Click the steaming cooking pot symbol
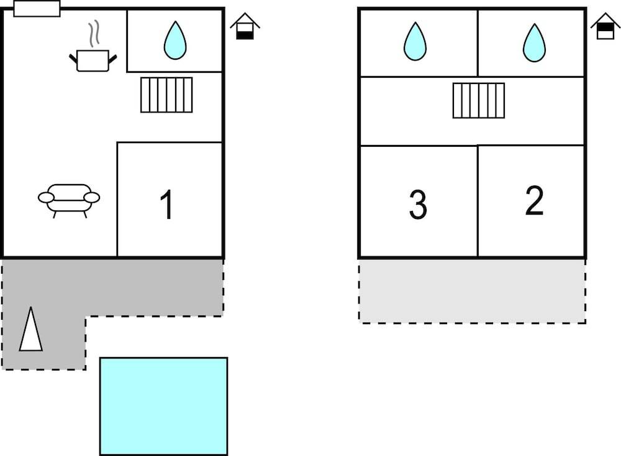93,60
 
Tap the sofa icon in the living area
69,198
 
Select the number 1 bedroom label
166,205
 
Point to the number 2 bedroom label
534,201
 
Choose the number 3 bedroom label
418,205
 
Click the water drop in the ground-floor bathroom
175,40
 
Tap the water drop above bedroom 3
415,42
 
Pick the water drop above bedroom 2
534,42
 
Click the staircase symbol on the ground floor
166,95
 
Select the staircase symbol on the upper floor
479,100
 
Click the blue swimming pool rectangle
163,406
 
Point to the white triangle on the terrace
30,330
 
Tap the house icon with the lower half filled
245,27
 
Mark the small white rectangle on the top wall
37,9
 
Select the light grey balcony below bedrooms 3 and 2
472,291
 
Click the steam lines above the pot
94,34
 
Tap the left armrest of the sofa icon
46,198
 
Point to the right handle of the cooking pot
113,58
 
